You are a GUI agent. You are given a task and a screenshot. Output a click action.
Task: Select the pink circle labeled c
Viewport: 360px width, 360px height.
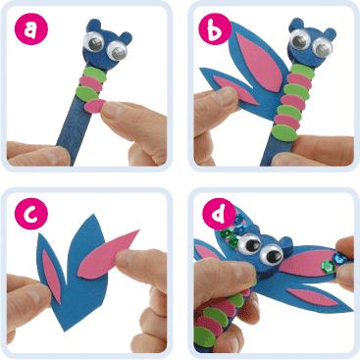point(31,213)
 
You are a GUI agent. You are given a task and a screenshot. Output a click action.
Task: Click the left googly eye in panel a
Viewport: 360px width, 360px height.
point(93,42)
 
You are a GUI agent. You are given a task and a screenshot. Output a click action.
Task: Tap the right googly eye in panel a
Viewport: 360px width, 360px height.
point(118,51)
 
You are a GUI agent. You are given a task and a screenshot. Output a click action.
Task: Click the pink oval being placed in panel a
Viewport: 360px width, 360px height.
point(95,106)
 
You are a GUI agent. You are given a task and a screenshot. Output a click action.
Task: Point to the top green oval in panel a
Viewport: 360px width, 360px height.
point(95,75)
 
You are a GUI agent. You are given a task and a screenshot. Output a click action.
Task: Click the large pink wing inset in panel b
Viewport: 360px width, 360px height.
point(261,62)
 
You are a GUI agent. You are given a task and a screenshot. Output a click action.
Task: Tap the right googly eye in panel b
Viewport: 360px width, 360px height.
point(322,47)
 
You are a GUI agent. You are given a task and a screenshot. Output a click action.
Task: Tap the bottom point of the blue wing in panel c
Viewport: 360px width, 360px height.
point(65,331)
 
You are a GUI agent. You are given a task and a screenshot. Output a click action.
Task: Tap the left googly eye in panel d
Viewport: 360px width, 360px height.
point(250,244)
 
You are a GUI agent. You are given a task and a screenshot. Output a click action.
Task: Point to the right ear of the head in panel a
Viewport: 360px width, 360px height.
point(125,37)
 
